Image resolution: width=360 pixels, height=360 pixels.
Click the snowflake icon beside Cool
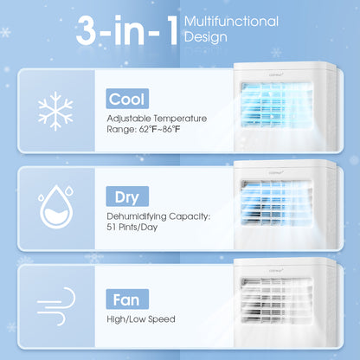point(56,110)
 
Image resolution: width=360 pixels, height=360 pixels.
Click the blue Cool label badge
point(126,99)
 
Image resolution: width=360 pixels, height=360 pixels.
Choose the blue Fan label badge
point(124,299)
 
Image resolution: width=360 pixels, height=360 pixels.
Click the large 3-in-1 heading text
point(127,32)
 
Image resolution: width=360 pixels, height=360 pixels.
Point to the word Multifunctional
point(232,22)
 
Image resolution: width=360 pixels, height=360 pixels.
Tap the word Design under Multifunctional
point(204,37)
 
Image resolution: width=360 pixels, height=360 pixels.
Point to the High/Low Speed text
point(139,319)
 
